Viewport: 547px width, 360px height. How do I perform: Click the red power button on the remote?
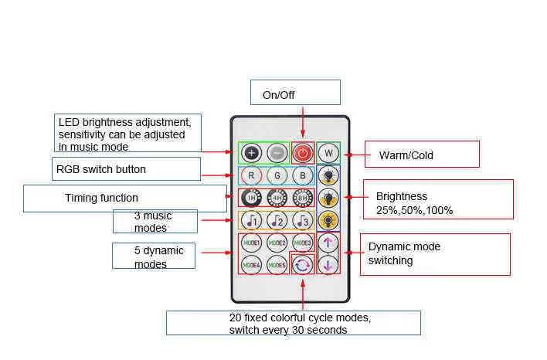tap(302, 153)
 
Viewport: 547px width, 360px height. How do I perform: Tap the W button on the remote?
tap(328, 153)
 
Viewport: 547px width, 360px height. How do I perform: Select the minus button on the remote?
tap(277, 153)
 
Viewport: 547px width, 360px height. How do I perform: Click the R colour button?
tap(251, 175)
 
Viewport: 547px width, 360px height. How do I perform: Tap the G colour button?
tap(277, 175)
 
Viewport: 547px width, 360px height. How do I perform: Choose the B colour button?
tap(302, 175)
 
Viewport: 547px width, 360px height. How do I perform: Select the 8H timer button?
tap(302, 199)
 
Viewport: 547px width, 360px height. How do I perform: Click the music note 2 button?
tap(277, 221)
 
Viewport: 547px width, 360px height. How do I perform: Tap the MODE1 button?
tap(251, 243)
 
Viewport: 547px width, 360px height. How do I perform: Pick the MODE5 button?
tap(277, 265)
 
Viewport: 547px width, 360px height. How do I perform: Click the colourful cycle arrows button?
tap(302, 265)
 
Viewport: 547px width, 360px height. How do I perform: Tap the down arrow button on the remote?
tap(328, 265)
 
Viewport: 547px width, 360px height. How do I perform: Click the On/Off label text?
tap(278, 95)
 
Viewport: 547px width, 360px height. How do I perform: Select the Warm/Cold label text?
tap(406, 155)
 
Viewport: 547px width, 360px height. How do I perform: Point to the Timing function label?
tap(101, 198)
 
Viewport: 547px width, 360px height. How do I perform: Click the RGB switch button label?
tap(100, 168)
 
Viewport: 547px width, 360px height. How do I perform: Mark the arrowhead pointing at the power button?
tap(302, 137)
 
